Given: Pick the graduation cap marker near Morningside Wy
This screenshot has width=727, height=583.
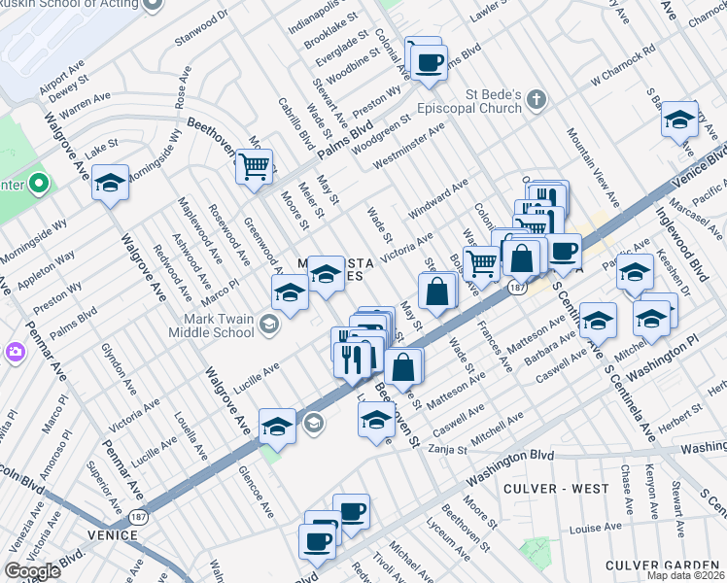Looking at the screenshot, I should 111,183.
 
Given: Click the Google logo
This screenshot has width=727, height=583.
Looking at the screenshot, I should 33,571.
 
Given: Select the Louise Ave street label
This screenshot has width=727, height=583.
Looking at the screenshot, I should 595,530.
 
